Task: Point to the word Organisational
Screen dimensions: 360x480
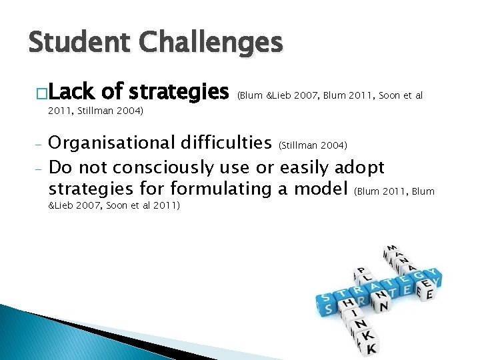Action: click(x=111, y=143)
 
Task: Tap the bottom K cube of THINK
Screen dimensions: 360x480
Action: click(x=371, y=347)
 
